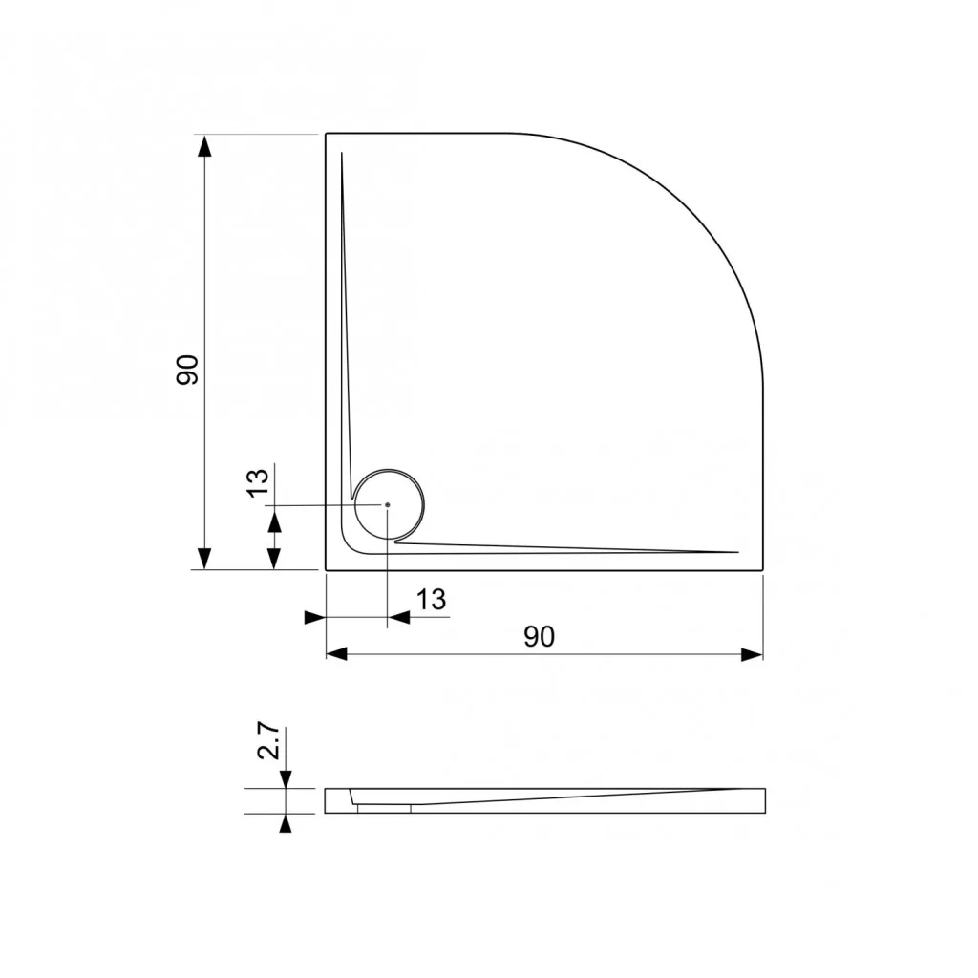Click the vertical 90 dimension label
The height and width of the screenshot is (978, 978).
point(187,370)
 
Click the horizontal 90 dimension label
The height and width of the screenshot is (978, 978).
point(539,637)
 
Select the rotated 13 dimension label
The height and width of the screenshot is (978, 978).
point(258,482)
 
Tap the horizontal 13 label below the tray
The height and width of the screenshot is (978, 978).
point(431,600)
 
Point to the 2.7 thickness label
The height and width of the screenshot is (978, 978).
point(268,741)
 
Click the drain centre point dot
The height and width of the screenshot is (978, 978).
point(388,504)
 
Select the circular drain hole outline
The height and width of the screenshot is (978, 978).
point(390,469)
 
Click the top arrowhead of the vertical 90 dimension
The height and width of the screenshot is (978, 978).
point(204,146)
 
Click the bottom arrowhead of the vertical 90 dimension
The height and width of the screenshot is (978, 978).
point(204,558)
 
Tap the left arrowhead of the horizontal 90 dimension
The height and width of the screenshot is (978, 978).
point(337,654)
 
